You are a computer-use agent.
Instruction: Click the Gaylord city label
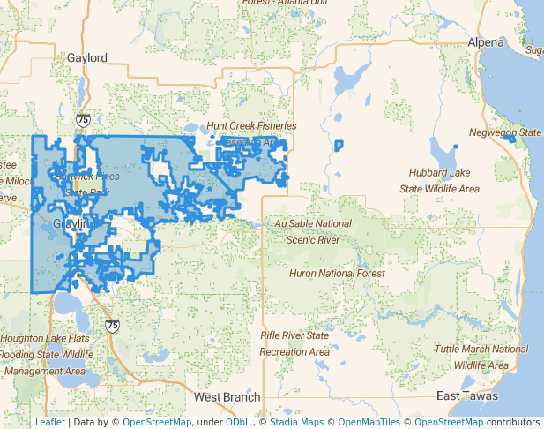[x=87, y=57]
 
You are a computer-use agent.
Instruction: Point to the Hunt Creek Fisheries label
[x=251, y=125]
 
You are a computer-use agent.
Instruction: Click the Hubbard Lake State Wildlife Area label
[x=440, y=180]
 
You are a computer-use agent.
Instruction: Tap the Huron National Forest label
[x=337, y=274]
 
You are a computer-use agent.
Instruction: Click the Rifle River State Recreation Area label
[x=294, y=343]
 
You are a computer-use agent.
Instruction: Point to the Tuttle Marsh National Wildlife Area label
[x=481, y=357]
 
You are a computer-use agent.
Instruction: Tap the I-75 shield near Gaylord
[x=82, y=117]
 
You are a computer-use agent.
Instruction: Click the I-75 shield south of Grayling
[x=112, y=325]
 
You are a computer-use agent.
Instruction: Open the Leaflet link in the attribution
[x=49, y=422]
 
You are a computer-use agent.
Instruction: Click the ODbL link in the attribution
[x=239, y=422]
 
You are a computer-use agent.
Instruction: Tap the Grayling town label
[x=72, y=224]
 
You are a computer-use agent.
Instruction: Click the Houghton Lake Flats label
[x=44, y=338]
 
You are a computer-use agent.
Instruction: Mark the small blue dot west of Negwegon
[x=456, y=146]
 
